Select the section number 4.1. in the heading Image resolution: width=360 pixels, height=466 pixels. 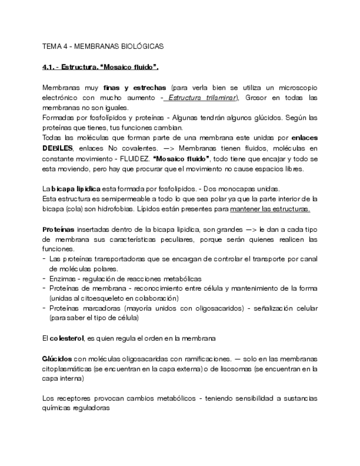pyautogui.click(x=48, y=67)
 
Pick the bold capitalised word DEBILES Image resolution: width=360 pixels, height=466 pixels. pyautogui.click(x=58, y=148)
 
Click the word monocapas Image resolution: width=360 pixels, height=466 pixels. pyautogui.click(x=246, y=188)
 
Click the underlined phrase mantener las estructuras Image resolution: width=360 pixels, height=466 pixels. pyautogui.click(x=270, y=209)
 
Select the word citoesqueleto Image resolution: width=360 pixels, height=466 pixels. pyautogui.click(x=105, y=298)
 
